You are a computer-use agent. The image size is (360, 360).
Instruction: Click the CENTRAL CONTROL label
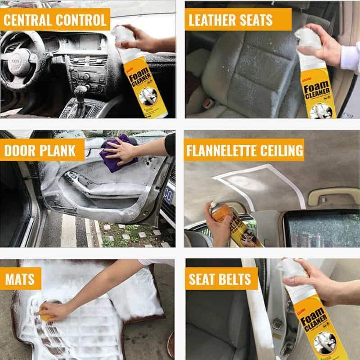[55, 20]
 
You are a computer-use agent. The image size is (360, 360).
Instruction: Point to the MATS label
[20, 279]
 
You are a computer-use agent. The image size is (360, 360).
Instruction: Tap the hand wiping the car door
[124, 151]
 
